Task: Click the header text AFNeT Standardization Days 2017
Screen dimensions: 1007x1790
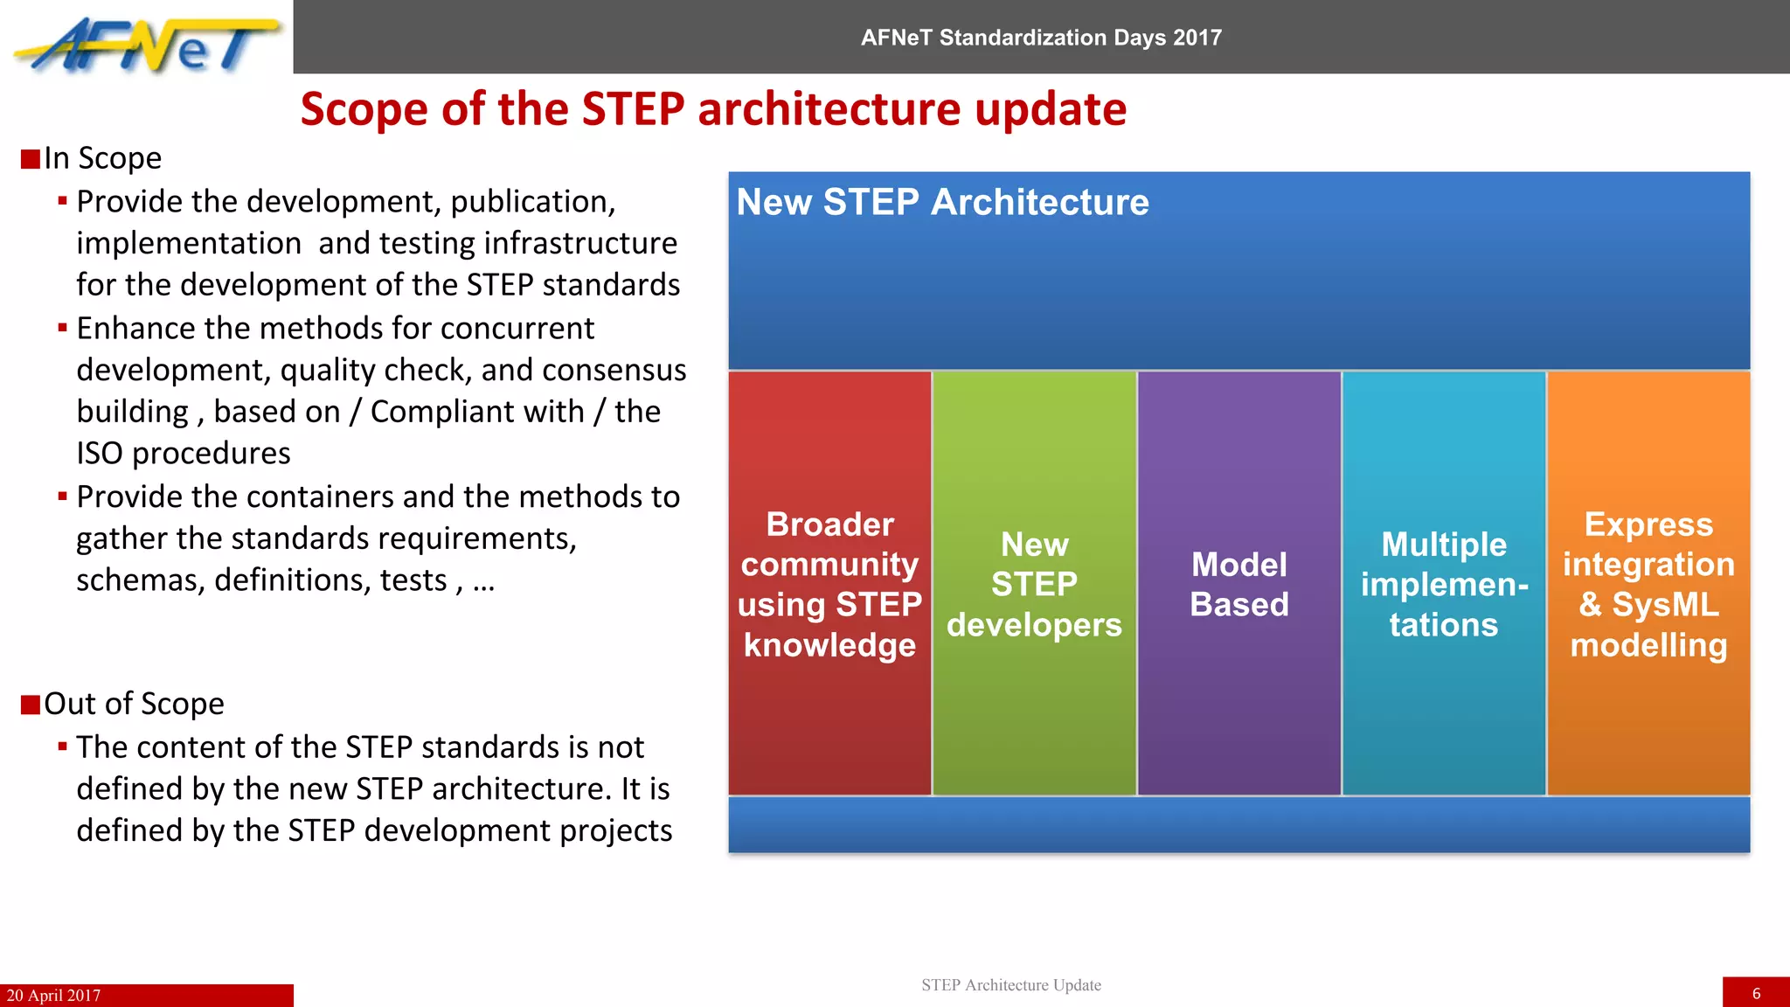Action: pyautogui.click(x=1040, y=38)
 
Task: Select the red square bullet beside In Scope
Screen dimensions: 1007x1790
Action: pyautogui.click(x=31, y=159)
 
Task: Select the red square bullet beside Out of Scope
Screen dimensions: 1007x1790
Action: pyautogui.click(x=31, y=705)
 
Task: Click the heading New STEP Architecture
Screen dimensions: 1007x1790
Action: pyautogui.click(x=942, y=202)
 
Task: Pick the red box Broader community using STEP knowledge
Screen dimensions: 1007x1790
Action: pyautogui.click(x=829, y=583)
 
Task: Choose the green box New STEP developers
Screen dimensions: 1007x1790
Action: pyautogui.click(x=1034, y=583)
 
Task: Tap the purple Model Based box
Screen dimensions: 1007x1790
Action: pyautogui.click(x=1238, y=583)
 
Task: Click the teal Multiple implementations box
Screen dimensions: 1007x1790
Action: pyautogui.click(x=1444, y=583)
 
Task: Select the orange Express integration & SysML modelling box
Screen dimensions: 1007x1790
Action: pyautogui.click(x=1648, y=583)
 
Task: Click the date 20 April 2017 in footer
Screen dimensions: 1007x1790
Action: pyautogui.click(x=53, y=996)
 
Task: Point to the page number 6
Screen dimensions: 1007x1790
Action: pyautogui.click(x=1756, y=994)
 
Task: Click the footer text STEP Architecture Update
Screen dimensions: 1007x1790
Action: pyautogui.click(x=1010, y=985)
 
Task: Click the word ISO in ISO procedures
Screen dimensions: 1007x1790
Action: pyautogui.click(x=100, y=454)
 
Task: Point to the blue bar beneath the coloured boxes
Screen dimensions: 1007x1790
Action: pyautogui.click(x=1238, y=824)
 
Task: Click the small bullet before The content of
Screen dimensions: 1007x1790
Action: pyautogui.click(x=63, y=747)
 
